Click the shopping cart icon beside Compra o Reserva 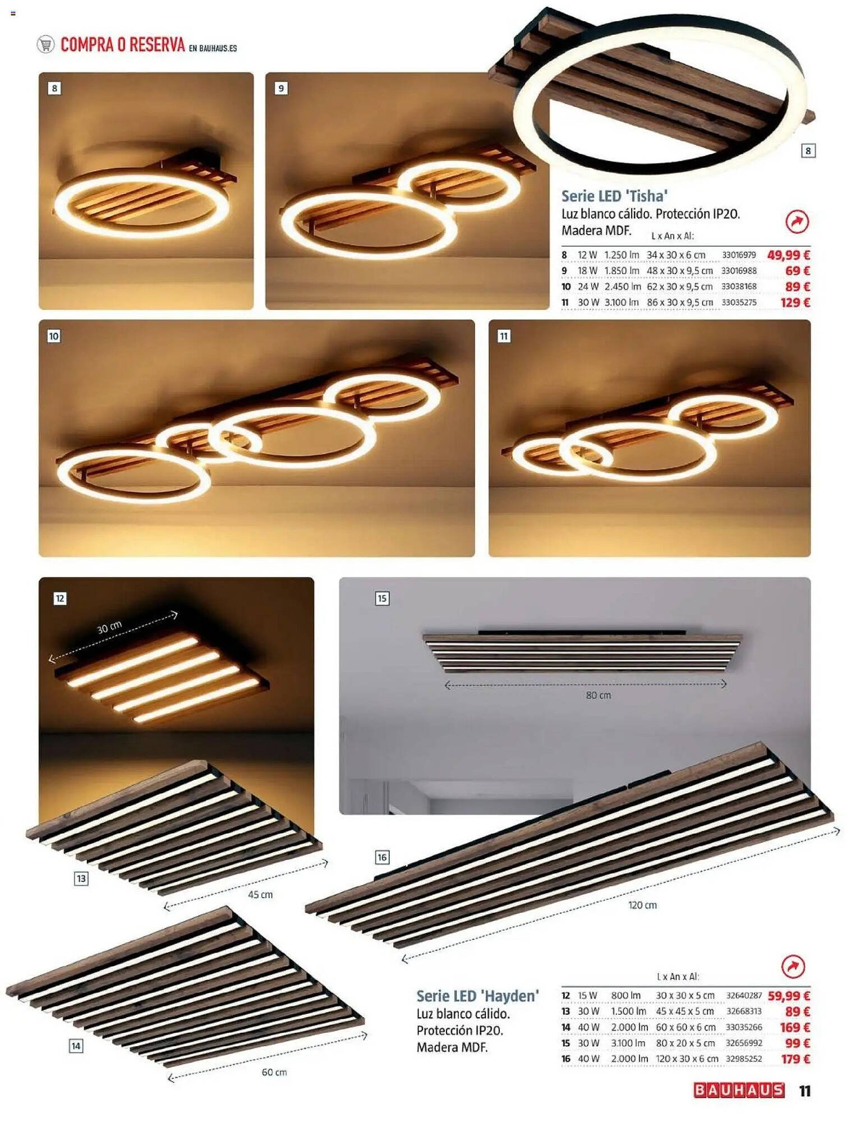pos(45,44)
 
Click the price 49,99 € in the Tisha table pos(788,255)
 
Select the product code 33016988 pos(739,271)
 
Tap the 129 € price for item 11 pos(795,303)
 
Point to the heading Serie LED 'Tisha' pos(614,196)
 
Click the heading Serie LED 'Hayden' pos(477,996)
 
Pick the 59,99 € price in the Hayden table pos(789,996)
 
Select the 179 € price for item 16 pos(795,1059)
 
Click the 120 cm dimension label pos(642,905)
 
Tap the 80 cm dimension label pos(599,696)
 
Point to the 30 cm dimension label pos(109,628)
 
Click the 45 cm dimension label pos(260,895)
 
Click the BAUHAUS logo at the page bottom pos(739,1091)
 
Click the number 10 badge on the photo pos(54,337)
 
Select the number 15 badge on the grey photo pos(382,599)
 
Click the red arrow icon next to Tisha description pos(797,222)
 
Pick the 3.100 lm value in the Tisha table pos(622,303)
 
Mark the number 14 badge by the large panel pos(76,1046)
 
